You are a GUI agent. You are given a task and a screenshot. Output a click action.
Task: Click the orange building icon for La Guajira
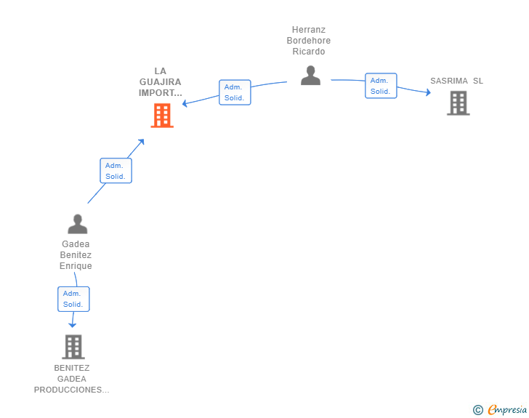point(162,116)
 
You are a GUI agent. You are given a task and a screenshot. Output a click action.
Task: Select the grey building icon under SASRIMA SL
point(458,103)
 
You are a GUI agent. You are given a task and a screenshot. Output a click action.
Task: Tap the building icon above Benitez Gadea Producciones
point(73,347)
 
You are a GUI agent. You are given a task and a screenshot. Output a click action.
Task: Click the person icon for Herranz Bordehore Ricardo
point(310,76)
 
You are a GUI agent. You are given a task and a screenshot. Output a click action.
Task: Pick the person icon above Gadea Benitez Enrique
point(78,224)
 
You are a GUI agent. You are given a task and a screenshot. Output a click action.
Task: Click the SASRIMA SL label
point(456,81)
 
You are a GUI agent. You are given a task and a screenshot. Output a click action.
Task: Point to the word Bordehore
point(309,41)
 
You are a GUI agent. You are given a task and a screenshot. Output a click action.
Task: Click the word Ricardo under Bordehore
point(309,52)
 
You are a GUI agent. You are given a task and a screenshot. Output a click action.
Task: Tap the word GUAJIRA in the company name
point(161,82)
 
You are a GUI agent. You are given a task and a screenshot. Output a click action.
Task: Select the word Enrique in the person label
point(76,266)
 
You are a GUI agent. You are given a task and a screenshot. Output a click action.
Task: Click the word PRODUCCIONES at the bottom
point(71,390)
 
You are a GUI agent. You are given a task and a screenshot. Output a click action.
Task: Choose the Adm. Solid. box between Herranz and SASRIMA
point(381,86)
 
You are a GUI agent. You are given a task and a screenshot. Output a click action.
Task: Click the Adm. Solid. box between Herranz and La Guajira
point(235,92)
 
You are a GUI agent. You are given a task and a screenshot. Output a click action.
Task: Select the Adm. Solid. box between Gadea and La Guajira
point(116,171)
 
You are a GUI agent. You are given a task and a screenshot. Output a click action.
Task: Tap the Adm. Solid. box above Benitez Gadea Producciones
point(73,300)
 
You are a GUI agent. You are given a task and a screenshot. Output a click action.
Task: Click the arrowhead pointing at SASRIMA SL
point(429,92)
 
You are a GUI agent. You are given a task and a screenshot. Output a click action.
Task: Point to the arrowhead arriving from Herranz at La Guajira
point(185,103)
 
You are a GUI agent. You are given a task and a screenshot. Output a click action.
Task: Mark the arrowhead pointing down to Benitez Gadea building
point(72,325)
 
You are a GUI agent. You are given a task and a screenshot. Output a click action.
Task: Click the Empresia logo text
point(507,410)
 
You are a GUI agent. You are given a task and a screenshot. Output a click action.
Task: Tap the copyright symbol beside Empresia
point(477,410)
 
